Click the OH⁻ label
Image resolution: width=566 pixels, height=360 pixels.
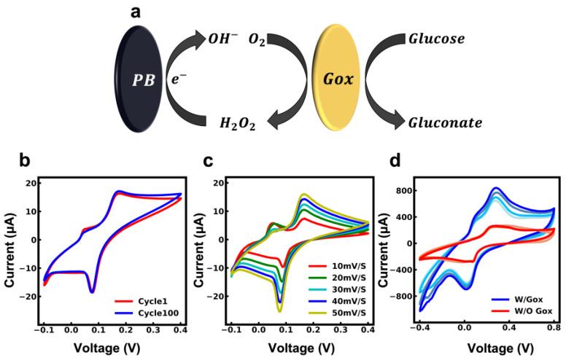tap(225, 37)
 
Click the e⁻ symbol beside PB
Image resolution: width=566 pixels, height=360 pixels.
tap(178, 75)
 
